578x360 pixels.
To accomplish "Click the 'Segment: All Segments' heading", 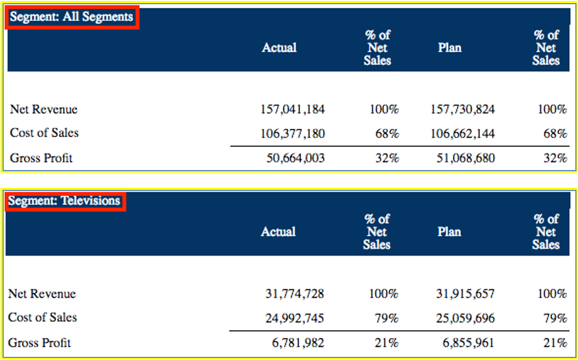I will [x=72, y=17].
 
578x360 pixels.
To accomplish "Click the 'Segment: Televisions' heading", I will [x=64, y=201].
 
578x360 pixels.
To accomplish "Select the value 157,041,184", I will [x=292, y=110].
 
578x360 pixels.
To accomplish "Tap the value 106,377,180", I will [x=292, y=134].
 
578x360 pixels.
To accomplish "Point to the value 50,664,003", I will [x=296, y=158].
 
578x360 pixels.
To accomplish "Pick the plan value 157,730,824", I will [x=463, y=110].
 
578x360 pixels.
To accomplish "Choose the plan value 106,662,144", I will [x=463, y=134].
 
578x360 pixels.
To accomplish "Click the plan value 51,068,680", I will [x=466, y=158].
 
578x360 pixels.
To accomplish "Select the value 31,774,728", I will [x=294, y=294].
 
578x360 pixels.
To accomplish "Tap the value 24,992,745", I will [x=294, y=318].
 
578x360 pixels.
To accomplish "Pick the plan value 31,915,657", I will [x=465, y=294].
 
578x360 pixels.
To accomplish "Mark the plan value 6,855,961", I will [x=468, y=343].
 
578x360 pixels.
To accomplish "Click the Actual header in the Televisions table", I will [x=278, y=232].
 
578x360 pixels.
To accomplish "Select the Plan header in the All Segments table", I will [x=450, y=47].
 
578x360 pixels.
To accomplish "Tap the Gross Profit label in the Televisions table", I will [x=40, y=343].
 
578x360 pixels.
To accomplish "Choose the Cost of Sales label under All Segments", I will [x=44, y=133].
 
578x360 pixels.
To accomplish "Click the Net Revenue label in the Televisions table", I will [x=42, y=294].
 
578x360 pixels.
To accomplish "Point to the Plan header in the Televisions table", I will [x=449, y=232].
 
